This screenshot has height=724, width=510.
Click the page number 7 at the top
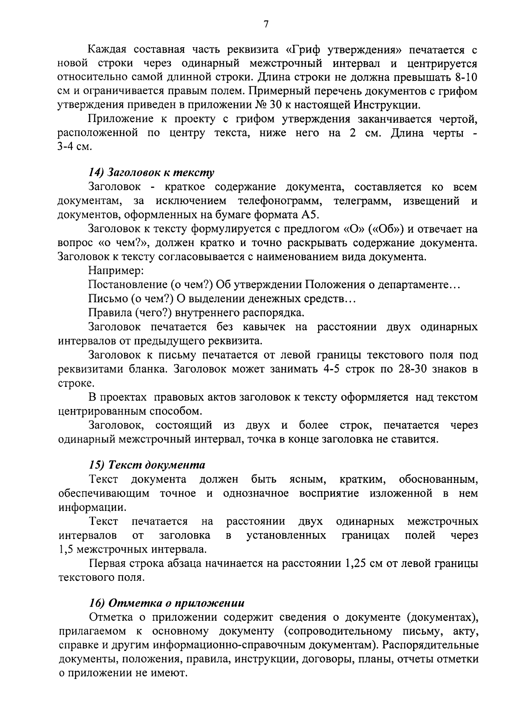tap(266, 24)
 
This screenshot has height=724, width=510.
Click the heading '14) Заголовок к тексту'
tap(151, 173)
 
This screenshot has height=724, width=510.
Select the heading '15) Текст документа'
tap(147, 465)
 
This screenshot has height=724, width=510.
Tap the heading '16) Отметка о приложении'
tap(167, 603)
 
